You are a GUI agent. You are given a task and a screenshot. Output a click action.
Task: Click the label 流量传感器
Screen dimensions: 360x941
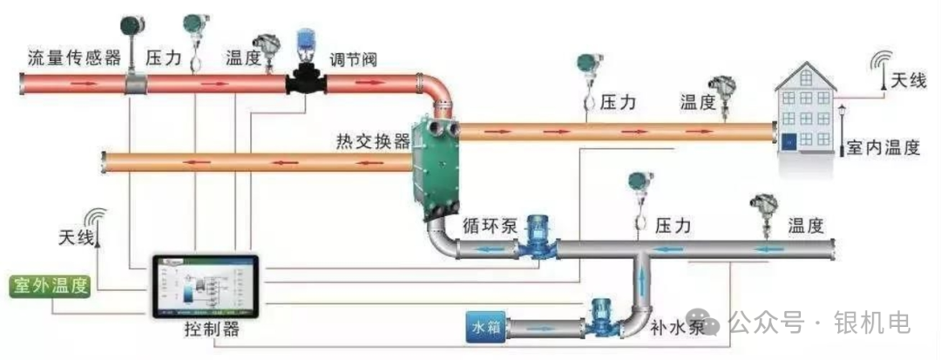click(x=74, y=58)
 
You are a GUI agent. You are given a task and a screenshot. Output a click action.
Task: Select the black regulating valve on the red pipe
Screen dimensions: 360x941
click(x=306, y=84)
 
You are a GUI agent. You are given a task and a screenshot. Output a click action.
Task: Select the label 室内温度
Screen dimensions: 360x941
click(x=882, y=148)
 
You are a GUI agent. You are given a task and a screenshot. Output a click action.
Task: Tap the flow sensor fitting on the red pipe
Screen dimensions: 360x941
click(x=135, y=84)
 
